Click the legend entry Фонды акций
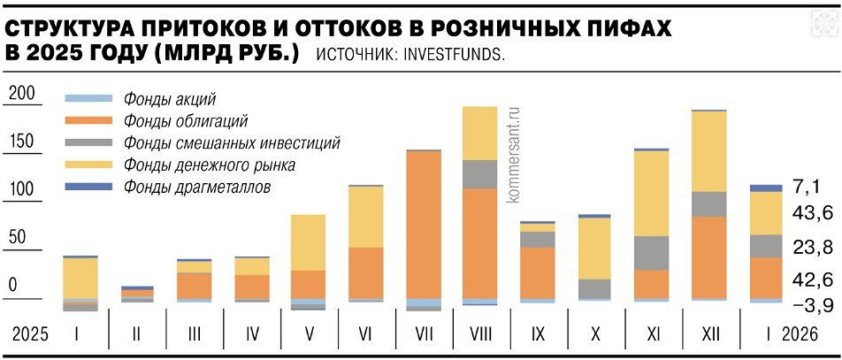pyautogui.click(x=170, y=99)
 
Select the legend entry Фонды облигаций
pyautogui.click(x=186, y=121)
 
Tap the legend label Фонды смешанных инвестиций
pyautogui.click(x=232, y=143)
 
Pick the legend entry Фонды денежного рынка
pyautogui.click(x=210, y=165)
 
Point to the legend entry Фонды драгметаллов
pyautogui.click(x=196, y=188)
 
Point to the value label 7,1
pyautogui.click(x=806, y=186)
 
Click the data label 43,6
pyautogui.click(x=811, y=213)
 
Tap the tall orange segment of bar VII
pyautogui.click(x=424, y=226)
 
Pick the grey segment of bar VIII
pyautogui.click(x=480, y=174)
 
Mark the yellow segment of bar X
pyautogui.click(x=594, y=248)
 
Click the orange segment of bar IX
pyautogui.click(x=538, y=272)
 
